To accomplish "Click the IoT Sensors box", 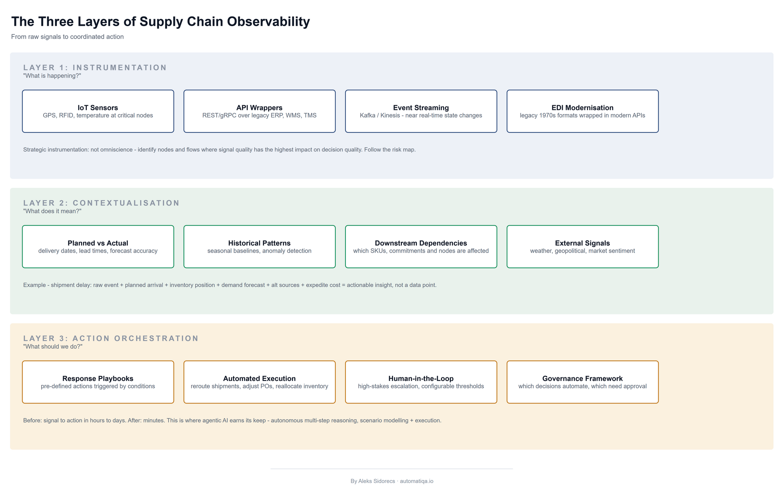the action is tap(98, 111).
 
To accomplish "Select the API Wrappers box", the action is tap(259, 111).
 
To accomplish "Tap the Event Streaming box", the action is tap(421, 111).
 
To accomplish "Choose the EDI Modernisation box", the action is tap(583, 111).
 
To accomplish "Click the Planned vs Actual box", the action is tap(98, 246).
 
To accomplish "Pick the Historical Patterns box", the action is tap(259, 246).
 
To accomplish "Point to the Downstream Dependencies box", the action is tap(421, 246).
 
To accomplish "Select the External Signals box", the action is tap(583, 246).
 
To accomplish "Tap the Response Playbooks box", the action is tap(98, 382).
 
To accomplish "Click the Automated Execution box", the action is tap(259, 382).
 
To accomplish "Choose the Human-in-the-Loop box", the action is tap(421, 382).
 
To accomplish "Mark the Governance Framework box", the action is tap(583, 382).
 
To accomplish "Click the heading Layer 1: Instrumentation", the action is tap(95, 67).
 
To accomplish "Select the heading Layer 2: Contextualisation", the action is tap(101, 203).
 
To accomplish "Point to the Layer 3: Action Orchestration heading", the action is tap(111, 338).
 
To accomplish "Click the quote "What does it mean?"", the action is tap(52, 211).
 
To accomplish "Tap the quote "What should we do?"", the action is tap(53, 347).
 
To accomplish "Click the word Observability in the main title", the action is tap(268, 22).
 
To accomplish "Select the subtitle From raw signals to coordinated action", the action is tap(67, 37).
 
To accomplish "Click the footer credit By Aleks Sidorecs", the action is tap(373, 481).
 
